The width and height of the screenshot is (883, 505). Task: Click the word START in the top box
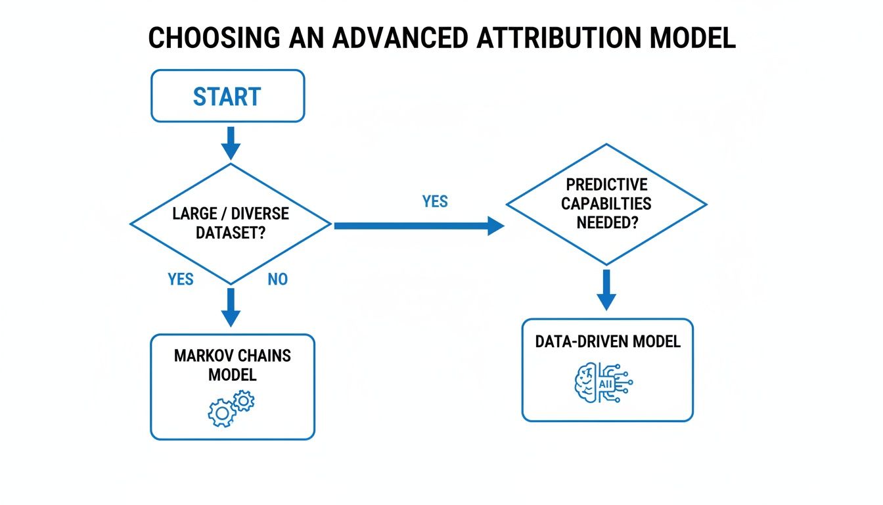click(227, 97)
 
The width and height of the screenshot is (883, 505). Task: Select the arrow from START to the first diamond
click(230, 142)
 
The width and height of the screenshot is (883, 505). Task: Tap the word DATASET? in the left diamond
click(230, 233)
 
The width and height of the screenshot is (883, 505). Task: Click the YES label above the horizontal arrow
click(435, 201)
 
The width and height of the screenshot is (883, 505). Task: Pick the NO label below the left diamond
click(277, 279)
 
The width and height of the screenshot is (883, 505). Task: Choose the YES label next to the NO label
click(181, 279)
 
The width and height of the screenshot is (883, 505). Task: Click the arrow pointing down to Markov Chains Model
click(230, 306)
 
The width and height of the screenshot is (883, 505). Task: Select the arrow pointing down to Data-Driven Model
click(606, 289)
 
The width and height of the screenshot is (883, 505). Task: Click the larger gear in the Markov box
click(221, 412)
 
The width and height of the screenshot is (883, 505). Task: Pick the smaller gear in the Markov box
click(244, 399)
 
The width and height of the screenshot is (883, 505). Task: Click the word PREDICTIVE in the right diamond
click(606, 185)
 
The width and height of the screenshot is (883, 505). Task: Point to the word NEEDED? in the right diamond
click(606, 222)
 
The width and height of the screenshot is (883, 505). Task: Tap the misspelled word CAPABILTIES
click(606, 203)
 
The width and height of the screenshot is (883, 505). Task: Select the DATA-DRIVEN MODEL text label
click(608, 341)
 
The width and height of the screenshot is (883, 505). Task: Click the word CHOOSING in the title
click(214, 39)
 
